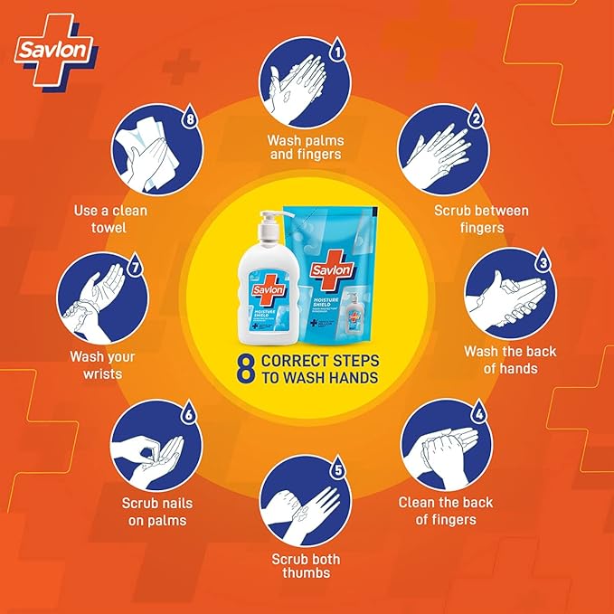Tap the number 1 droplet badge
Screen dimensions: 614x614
click(337, 52)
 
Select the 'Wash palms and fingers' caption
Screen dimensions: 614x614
click(304, 147)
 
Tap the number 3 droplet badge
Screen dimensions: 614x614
click(542, 262)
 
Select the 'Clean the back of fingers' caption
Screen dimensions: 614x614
click(446, 511)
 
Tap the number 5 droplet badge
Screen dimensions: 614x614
click(337, 469)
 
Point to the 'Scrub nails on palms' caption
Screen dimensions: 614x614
click(156, 511)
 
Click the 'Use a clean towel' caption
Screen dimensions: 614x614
click(111, 219)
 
